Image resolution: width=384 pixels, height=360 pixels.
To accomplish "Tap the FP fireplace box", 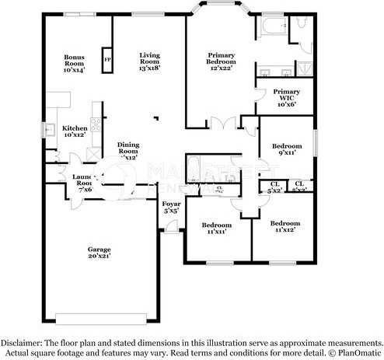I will (x=106, y=59).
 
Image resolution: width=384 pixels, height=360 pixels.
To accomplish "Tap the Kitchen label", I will (x=75, y=131).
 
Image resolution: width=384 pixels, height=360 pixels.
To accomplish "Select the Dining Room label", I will (x=128, y=151).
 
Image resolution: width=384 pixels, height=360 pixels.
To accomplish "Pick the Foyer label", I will (x=171, y=207).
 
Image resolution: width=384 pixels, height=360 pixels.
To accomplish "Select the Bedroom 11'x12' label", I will (x=285, y=227).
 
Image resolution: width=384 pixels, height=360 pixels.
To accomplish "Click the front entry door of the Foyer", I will (x=166, y=227).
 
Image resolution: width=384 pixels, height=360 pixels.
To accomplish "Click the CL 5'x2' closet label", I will (x=274, y=187).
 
